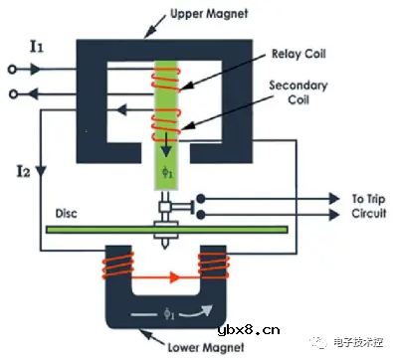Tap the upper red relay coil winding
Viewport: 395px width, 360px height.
click(x=165, y=80)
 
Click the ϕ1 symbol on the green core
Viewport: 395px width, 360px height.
click(x=165, y=173)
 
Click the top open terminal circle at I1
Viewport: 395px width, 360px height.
click(x=12, y=70)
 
